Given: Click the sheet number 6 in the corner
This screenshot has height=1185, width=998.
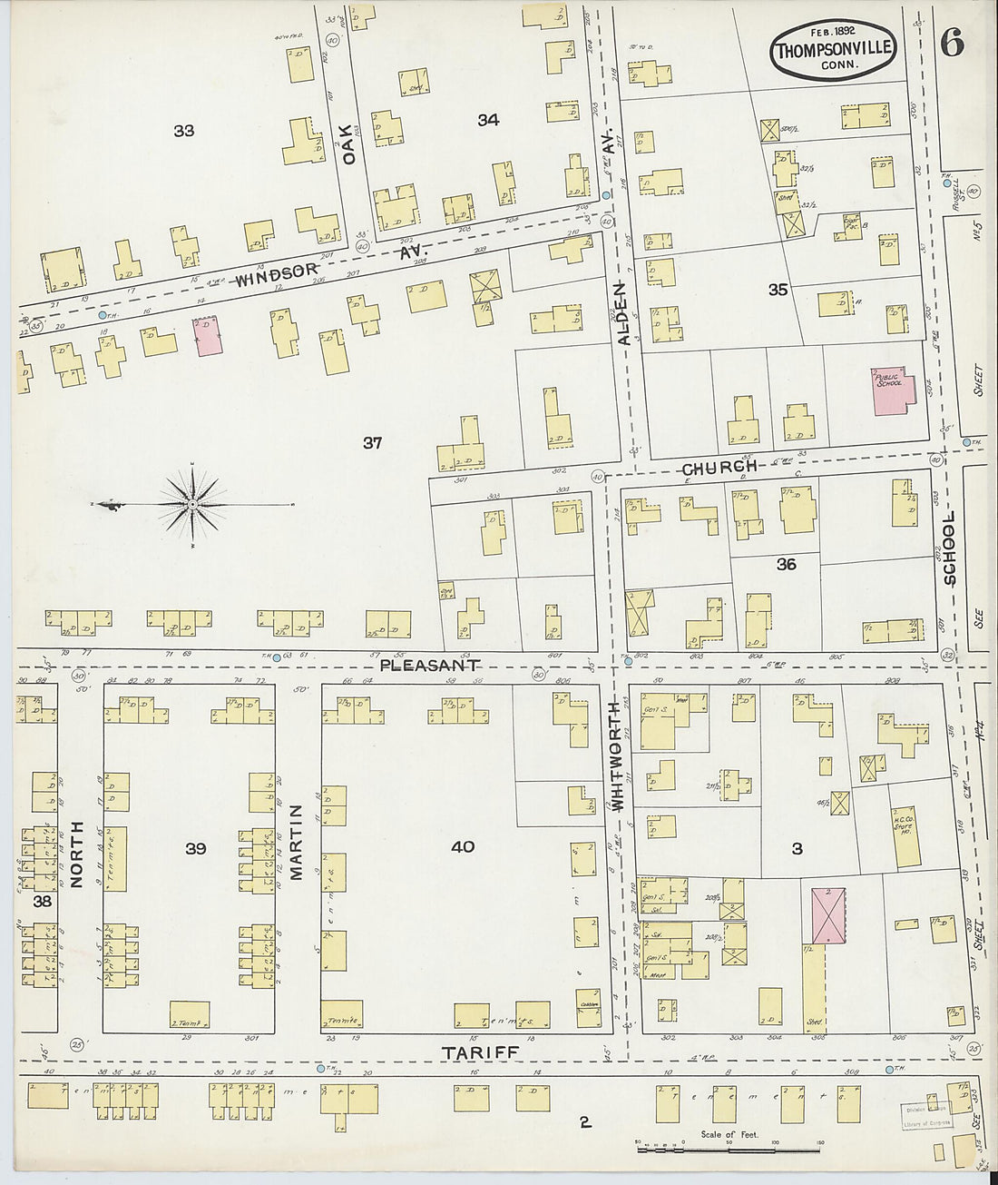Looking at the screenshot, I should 952,43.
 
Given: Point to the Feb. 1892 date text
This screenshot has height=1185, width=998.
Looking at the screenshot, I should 834,29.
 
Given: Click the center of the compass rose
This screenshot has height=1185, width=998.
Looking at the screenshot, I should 192,502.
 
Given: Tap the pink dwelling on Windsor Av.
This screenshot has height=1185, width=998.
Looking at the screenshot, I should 207,335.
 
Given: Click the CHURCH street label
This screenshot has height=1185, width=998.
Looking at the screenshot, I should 719,469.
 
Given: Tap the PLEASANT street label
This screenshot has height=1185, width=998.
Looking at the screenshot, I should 428,665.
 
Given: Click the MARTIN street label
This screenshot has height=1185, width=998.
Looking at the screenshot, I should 297,842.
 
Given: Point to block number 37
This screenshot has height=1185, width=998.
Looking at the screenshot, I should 372,443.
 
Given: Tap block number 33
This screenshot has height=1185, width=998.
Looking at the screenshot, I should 183,131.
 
